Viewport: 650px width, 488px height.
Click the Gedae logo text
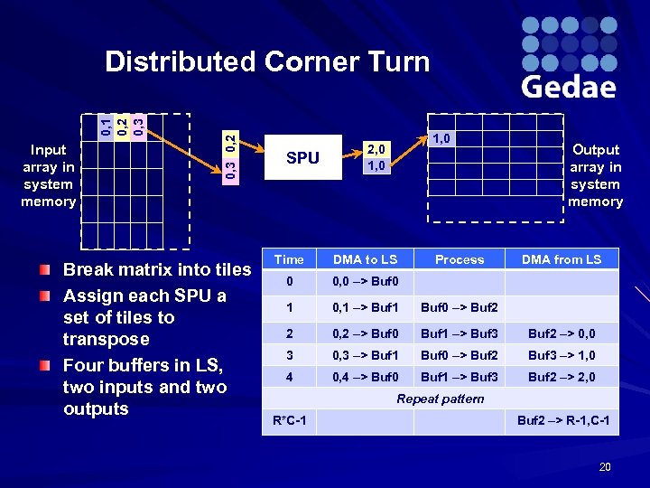click(x=569, y=86)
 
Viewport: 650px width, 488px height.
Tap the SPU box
click(x=302, y=158)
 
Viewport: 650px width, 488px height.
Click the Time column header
click(x=289, y=259)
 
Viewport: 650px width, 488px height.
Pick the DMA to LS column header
click(x=365, y=259)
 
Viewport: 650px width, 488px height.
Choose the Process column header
click(x=460, y=259)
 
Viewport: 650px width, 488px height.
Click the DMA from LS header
click(x=562, y=259)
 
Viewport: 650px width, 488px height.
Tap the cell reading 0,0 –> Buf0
click(x=365, y=281)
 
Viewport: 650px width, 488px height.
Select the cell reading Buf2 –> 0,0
click(x=562, y=333)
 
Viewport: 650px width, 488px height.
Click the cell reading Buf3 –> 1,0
click(x=562, y=355)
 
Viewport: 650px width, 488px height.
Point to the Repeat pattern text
click(x=441, y=399)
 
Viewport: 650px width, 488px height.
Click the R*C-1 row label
click(x=289, y=420)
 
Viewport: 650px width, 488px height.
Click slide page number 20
click(x=604, y=466)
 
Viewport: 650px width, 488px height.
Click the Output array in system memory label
click(x=596, y=175)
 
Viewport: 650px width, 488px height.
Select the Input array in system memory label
click(x=49, y=175)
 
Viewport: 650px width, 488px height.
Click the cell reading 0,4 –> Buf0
click(x=365, y=377)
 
